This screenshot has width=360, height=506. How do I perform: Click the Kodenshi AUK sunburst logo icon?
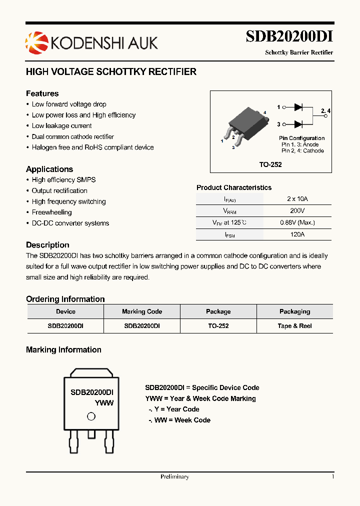coord(34,41)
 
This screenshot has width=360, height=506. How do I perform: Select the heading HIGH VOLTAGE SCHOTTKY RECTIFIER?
coord(111,72)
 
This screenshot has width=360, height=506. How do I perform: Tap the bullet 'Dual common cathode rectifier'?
coord(72,136)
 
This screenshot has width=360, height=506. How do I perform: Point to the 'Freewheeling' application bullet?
coord(51,212)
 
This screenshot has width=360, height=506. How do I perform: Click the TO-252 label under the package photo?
coord(270,164)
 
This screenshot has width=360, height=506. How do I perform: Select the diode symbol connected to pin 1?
coord(299,107)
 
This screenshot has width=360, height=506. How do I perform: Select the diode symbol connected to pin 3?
coord(299,124)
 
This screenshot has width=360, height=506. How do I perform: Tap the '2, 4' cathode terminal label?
coord(325,110)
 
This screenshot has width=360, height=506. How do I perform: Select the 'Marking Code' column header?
coord(142,311)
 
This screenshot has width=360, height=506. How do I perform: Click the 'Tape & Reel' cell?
coord(294,325)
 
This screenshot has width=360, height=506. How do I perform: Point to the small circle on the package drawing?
coord(91,416)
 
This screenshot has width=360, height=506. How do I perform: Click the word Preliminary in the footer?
coord(174,476)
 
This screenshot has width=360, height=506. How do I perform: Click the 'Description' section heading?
coord(47,245)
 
